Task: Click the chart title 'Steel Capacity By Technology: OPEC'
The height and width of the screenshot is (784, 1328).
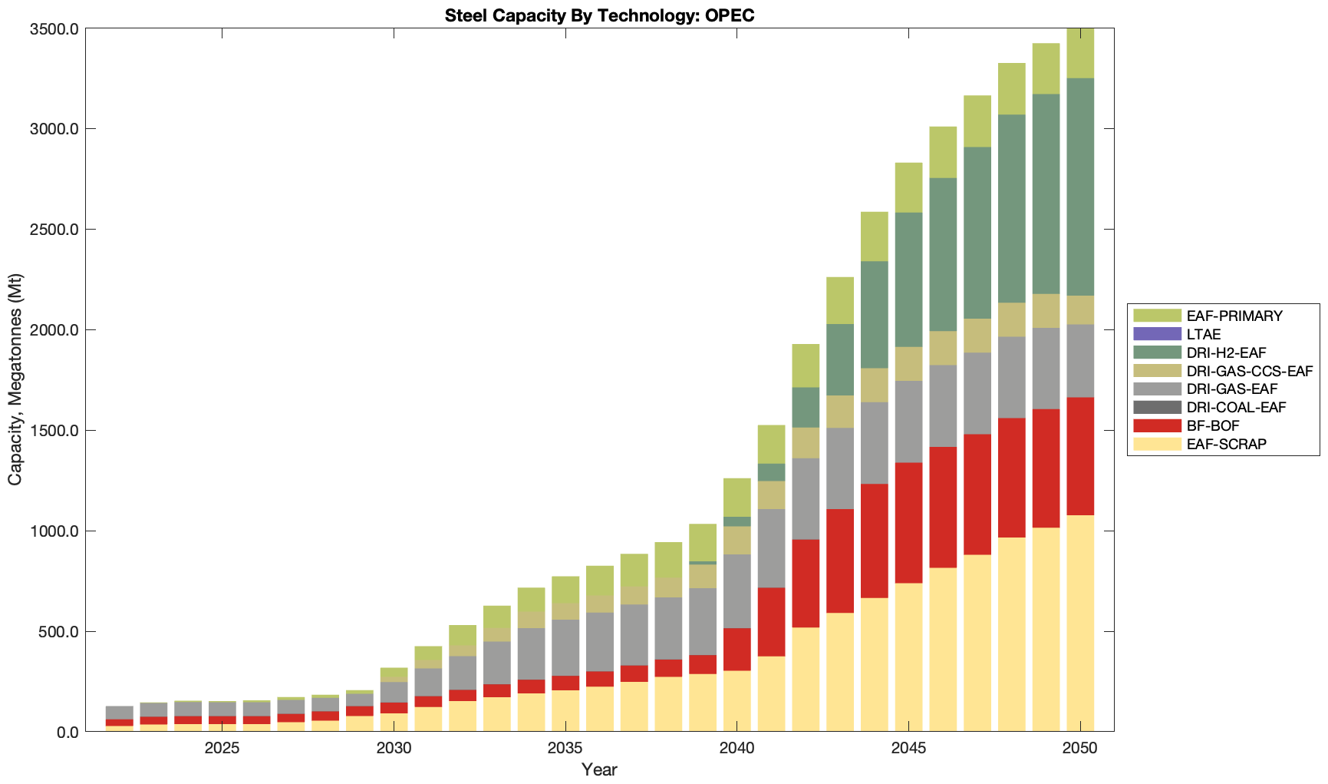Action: click(599, 15)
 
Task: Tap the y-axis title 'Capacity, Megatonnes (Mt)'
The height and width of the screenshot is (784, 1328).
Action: click(15, 379)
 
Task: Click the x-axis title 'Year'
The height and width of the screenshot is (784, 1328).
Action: click(599, 769)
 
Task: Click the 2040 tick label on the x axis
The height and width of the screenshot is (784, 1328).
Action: click(737, 749)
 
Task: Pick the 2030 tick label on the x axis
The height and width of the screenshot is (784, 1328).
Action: click(394, 749)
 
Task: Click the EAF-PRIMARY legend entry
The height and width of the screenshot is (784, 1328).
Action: click(1234, 316)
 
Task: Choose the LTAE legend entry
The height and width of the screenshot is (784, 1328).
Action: click(1203, 334)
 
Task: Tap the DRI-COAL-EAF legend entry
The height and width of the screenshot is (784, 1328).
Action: click(1235, 407)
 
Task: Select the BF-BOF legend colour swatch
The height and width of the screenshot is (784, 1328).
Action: click(1156, 425)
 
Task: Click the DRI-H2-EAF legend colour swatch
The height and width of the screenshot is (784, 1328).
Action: click(1156, 352)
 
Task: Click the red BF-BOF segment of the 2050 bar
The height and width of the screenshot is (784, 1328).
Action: click(1080, 456)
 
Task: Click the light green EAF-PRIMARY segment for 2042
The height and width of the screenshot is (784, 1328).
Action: click(806, 366)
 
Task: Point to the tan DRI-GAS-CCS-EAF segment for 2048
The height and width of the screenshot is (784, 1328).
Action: click(1011, 319)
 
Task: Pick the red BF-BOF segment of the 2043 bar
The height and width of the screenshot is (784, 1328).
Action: click(840, 561)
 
